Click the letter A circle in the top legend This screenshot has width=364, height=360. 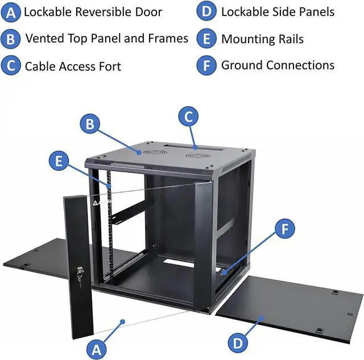(x=10, y=13)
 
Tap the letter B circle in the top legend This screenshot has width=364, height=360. (x=10, y=39)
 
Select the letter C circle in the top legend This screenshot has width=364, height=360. (x=10, y=66)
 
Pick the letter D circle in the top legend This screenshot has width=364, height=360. (x=206, y=12)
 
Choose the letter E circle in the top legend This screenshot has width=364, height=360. (x=206, y=39)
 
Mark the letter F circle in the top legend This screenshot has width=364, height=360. (x=206, y=65)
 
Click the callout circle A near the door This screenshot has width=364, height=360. (x=96, y=347)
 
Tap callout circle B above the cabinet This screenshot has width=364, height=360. (x=90, y=124)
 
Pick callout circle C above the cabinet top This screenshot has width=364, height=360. (x=189, y=117)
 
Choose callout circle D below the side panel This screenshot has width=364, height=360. (x=238, y=343)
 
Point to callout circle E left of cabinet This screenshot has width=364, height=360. (x=58, y=161)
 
